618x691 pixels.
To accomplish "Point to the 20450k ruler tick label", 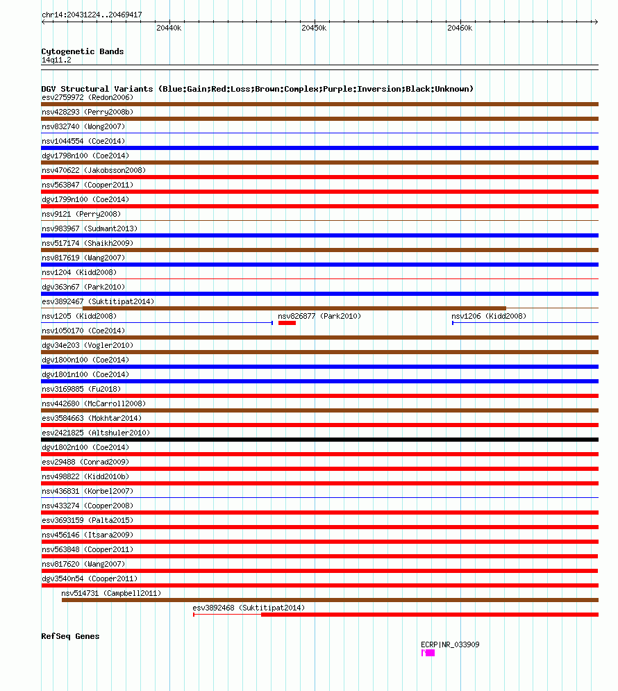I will (314, 28).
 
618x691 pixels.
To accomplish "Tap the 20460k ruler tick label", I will (460, 28).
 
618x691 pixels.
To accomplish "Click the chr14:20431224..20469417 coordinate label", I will (92, 15).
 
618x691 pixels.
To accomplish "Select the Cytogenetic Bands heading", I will (83, 51).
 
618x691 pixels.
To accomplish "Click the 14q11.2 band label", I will (56, 60).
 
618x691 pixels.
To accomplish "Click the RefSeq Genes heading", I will (70, 636).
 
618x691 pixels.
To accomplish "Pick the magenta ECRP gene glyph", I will (428, 653).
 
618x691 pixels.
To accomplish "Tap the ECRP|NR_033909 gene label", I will (450, 644).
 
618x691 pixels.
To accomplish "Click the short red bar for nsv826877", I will (287, 323).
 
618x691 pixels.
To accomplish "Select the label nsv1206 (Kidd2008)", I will (489, 316).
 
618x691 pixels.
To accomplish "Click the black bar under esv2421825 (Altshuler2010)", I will (319, 440).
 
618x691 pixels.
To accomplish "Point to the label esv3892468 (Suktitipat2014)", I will (249, 608).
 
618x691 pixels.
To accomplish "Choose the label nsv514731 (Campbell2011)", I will (111, 593).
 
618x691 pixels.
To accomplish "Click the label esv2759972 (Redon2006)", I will (87, 97).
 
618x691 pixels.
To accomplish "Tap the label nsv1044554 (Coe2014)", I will (83, 141).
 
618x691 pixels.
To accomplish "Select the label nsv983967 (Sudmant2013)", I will (90, 228).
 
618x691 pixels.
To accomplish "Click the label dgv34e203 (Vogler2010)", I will (87, 345).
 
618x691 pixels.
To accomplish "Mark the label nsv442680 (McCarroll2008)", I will (94, 403).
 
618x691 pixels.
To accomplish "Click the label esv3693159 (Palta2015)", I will (87, 520).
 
